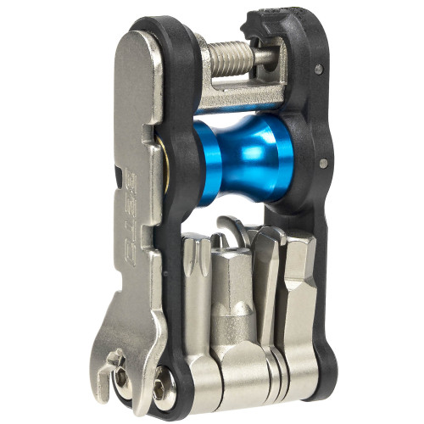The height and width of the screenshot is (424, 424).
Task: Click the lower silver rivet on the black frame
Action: pos(323,157)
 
